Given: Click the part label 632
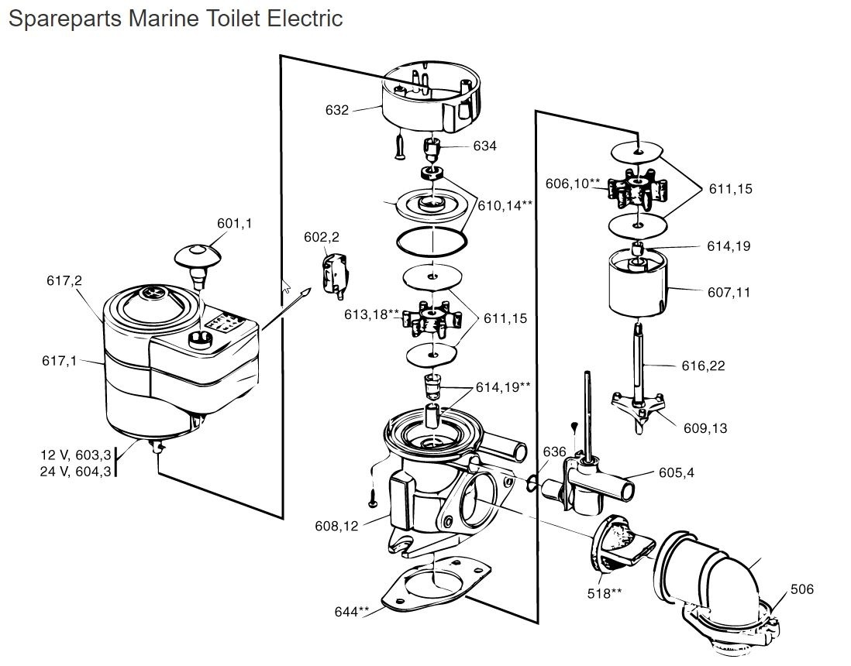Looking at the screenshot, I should point(336,110).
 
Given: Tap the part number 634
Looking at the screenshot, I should point(485,146).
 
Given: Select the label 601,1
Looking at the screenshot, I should point(234,223).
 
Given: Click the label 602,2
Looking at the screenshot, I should point(321,237).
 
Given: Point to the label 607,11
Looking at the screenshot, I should point(729,293).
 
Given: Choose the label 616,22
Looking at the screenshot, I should point(704,366).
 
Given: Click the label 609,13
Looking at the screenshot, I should point(705,427).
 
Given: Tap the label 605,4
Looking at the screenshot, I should point(676,472).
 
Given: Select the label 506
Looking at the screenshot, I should point(802,589).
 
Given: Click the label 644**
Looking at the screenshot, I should point(352,612).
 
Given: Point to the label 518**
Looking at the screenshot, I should point(605,593).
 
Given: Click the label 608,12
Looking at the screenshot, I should point(336,526).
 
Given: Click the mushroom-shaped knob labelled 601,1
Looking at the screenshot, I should point(198,258).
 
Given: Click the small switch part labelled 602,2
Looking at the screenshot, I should point(335,270).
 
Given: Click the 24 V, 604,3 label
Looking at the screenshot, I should point(75,471).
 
